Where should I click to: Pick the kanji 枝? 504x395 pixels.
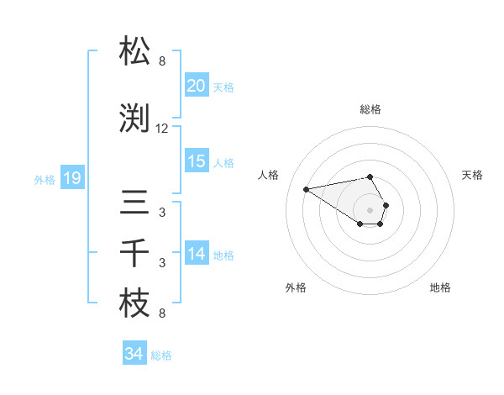[135, 304]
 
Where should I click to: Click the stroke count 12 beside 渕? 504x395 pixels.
[162, 129]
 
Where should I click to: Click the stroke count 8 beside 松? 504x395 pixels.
[162, 61]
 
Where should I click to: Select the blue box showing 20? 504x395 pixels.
[196, 86]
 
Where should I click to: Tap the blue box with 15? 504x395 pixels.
[196, 161]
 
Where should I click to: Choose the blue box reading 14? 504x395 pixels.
[196, 254]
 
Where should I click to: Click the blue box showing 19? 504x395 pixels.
[71, 178]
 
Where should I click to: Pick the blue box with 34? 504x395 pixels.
[134, 354]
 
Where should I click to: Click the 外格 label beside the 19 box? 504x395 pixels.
[44, 179]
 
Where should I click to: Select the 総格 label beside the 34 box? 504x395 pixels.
[161, 355]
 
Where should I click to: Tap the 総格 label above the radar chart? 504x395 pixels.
[370, 109]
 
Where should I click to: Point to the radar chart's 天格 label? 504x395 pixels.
[472, 175]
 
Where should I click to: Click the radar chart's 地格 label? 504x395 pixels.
[440, 287]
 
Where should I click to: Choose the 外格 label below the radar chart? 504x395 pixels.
[296, 287]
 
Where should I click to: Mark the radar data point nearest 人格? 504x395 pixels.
[307, 188]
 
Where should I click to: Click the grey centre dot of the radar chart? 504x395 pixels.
[370, 209]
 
